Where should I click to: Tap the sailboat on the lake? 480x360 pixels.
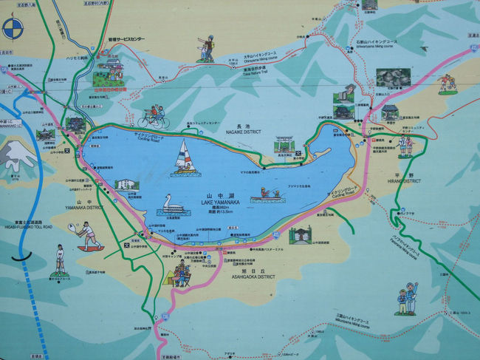point(183,160)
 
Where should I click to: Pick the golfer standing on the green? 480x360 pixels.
point(60,262)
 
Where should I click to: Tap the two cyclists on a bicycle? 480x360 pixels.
point(154,118)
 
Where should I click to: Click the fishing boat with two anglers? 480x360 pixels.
point(267,196)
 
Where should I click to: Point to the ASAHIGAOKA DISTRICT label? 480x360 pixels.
point(247,276)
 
